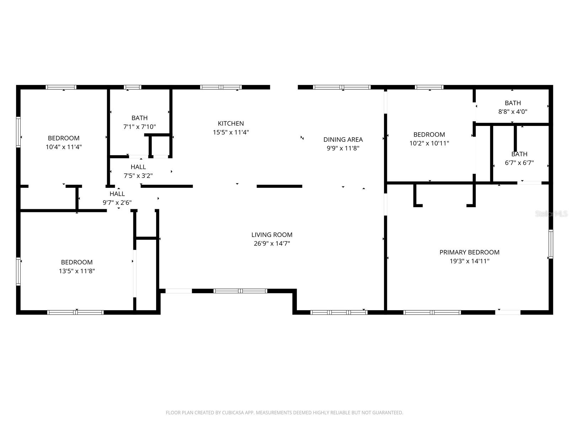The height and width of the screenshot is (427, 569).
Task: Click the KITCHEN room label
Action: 231,123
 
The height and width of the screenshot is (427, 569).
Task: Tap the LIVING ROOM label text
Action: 272,235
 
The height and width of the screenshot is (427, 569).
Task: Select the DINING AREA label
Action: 343,139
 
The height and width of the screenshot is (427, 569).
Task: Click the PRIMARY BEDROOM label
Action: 469,252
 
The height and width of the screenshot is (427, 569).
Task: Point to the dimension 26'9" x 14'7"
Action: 272,244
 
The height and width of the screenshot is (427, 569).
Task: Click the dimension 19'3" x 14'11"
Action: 469,261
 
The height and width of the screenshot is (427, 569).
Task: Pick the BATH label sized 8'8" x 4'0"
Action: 512,103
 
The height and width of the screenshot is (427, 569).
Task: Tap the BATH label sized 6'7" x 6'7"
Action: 519,154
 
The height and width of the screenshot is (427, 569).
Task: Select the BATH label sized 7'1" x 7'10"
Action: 139,118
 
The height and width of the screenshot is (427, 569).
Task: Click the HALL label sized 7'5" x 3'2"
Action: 138,167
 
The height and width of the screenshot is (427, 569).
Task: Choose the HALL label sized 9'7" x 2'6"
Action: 117,194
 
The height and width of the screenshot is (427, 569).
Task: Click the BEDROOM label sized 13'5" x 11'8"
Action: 77,262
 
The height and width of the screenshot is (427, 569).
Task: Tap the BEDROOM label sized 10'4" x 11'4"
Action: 64,138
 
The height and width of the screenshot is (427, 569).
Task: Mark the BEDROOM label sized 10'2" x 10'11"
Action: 429,135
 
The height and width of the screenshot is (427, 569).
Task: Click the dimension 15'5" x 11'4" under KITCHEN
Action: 231,132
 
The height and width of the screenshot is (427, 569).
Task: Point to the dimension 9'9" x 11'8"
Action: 343,148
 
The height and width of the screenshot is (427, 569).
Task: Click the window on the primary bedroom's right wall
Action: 551,244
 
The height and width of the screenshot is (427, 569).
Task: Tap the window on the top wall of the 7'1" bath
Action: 132,87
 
